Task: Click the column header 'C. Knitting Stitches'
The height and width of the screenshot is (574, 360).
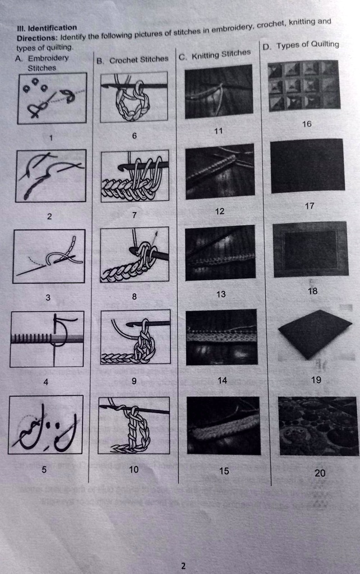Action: click(215, 55)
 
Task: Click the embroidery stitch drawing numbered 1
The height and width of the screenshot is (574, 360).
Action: click(52, 98)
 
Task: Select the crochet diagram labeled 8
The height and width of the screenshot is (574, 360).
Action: click(135, 255)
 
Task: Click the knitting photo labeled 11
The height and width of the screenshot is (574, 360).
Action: click(218, 91)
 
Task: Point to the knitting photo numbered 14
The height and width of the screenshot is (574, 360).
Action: click(221, 336)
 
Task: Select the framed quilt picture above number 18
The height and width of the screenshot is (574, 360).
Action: click(310, 249)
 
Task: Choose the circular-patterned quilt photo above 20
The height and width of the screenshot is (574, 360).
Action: click(317, 425)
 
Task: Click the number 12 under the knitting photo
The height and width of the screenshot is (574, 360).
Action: click(219, 211)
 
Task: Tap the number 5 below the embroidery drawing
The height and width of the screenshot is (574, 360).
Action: click(44, 470)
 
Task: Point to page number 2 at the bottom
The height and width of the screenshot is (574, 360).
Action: click(183, 566)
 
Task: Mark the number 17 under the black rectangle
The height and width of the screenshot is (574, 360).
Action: click(310, 206)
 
